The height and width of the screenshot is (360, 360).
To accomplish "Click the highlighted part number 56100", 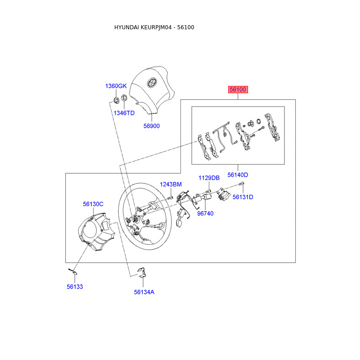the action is tap(238, 90).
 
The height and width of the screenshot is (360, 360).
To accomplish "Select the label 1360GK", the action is tap(116, 86).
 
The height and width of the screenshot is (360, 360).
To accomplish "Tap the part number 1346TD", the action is tap(124, 113).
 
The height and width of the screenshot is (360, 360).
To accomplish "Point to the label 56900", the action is tap(152, 126).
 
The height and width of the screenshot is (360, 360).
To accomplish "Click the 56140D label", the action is tap(238, 175).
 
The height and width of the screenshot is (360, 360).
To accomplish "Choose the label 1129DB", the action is tap(209, 178).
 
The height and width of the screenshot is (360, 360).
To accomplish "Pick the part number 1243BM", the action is tap(171, 184).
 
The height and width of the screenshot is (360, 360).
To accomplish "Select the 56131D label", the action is tap(243, 197).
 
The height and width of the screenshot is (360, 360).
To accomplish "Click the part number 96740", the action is tap(205, 213).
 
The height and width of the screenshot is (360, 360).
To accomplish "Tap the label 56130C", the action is tap(93, 204).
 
